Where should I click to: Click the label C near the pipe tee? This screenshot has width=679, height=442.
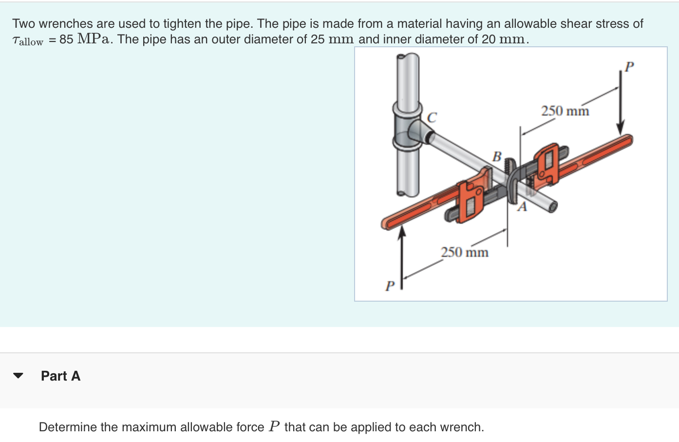click(432, 117)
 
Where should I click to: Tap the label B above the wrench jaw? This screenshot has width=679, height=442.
click(496, 156)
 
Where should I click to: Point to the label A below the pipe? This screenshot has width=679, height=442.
click(522, 207)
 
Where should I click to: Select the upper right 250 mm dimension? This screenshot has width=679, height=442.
click(565, 111)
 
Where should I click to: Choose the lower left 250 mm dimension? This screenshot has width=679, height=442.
click(465, 252)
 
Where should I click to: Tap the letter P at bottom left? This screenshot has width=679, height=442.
click(389, 286)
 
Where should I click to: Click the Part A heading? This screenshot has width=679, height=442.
click(60, 376)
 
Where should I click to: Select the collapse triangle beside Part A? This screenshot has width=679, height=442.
click(18, 376)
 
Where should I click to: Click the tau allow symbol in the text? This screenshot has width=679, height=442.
click(27, 40)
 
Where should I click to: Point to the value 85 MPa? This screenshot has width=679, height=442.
click(86, 39)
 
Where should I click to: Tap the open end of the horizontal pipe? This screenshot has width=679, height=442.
click(552, 207)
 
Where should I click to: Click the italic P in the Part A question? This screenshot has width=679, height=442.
click(274, 426)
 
